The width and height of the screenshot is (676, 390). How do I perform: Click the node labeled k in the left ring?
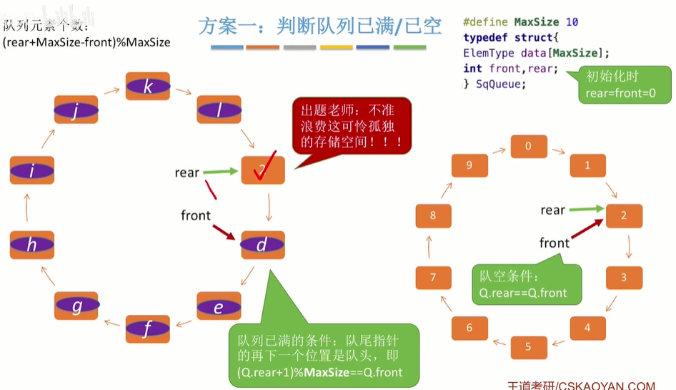point(148,86)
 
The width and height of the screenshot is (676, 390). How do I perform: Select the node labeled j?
point(76,112)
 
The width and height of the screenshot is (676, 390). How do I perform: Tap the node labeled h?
point(32,245)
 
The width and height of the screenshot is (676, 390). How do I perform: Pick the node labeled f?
point(148,329)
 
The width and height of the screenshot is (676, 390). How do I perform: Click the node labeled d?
point(262,245)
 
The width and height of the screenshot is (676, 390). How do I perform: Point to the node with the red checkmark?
point(263,170)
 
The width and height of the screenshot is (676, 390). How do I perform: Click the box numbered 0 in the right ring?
point(528,147)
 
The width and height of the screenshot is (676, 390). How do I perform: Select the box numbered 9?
point(469,165)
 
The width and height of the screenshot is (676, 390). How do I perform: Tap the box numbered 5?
point(528,347)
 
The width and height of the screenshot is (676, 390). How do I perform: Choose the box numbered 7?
point(433,276)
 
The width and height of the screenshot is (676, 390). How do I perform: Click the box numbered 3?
point(623,277)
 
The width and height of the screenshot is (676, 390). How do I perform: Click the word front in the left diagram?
point(195,215)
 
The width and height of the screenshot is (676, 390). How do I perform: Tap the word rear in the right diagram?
point(552,210)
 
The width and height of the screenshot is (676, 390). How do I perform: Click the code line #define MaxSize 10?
point(520,22)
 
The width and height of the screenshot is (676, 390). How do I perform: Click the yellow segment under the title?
point(337,48)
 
